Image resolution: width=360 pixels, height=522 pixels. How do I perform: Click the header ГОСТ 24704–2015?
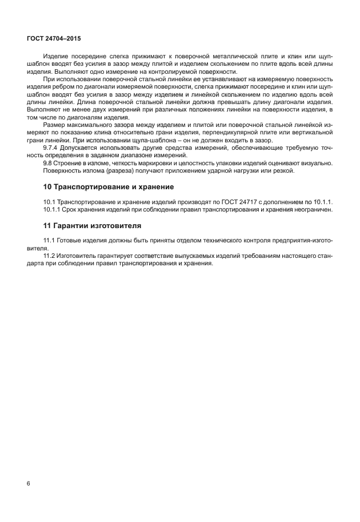point(53,38)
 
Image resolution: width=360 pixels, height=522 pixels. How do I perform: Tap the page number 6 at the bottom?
point(29,484)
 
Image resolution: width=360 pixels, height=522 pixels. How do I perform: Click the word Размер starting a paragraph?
point(55,124)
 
